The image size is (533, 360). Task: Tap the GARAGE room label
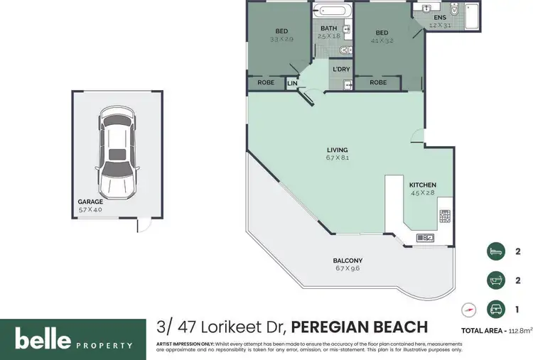tap(90, 202)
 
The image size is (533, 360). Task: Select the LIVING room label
tap(337, 150)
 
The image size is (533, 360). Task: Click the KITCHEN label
tap(423, 185)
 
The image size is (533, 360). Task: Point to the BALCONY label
tap(348, 261)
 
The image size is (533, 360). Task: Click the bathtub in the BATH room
tap(332, 12)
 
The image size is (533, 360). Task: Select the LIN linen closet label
tap(292, 83)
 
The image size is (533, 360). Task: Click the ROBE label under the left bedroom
tap(265, 83)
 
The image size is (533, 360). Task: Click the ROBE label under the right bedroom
tap(378, 83)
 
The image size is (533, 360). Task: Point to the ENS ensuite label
tap(440, 17)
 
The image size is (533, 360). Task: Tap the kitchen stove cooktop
tap(445, 216)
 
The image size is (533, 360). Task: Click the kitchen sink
tap(425, 237)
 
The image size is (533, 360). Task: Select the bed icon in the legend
tap(495, 251)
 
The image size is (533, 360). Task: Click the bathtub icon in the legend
tap(495, 280)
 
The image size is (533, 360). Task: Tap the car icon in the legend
tap(495, 310)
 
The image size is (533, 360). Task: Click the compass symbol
tap(468, 310)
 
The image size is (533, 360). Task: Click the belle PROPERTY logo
tap(73, 339)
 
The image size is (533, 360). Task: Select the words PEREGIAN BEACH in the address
tap(360, 327)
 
